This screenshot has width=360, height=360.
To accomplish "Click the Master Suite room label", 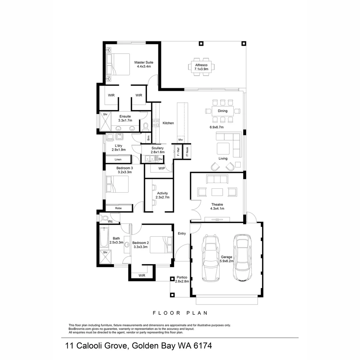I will click(x=144, y=62).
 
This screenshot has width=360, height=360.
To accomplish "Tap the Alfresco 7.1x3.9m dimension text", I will click(x=201, y=69).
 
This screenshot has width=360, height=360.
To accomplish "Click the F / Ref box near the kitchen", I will click(x=178, y=152).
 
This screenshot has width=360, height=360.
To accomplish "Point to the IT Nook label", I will click(x=187, y=152).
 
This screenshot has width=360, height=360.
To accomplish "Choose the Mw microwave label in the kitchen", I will click(x=180, y=140).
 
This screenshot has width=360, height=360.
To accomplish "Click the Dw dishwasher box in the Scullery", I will click(x=160, y=159).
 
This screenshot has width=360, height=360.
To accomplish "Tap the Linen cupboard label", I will click(x=118, y=160).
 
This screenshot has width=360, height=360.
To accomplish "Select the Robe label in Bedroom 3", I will click(x=118, y=208).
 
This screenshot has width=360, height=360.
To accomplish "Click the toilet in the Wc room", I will click(x=104, y=218).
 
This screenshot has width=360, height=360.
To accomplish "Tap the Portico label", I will click(x=182, y=277).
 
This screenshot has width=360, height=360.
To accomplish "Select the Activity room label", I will click(x=162, y=193).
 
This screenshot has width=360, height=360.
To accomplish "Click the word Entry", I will click(x=182, y=234).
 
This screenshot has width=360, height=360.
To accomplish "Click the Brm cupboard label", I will click(x=148, y=137).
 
